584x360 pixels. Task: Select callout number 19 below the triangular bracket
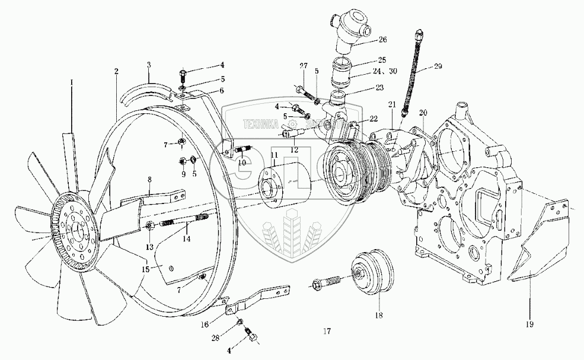click(529, 324)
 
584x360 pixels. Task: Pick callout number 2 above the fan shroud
click(117, 71)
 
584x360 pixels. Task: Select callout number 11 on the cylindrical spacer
click(274, 155)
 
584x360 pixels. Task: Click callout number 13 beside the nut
click(149, 246)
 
